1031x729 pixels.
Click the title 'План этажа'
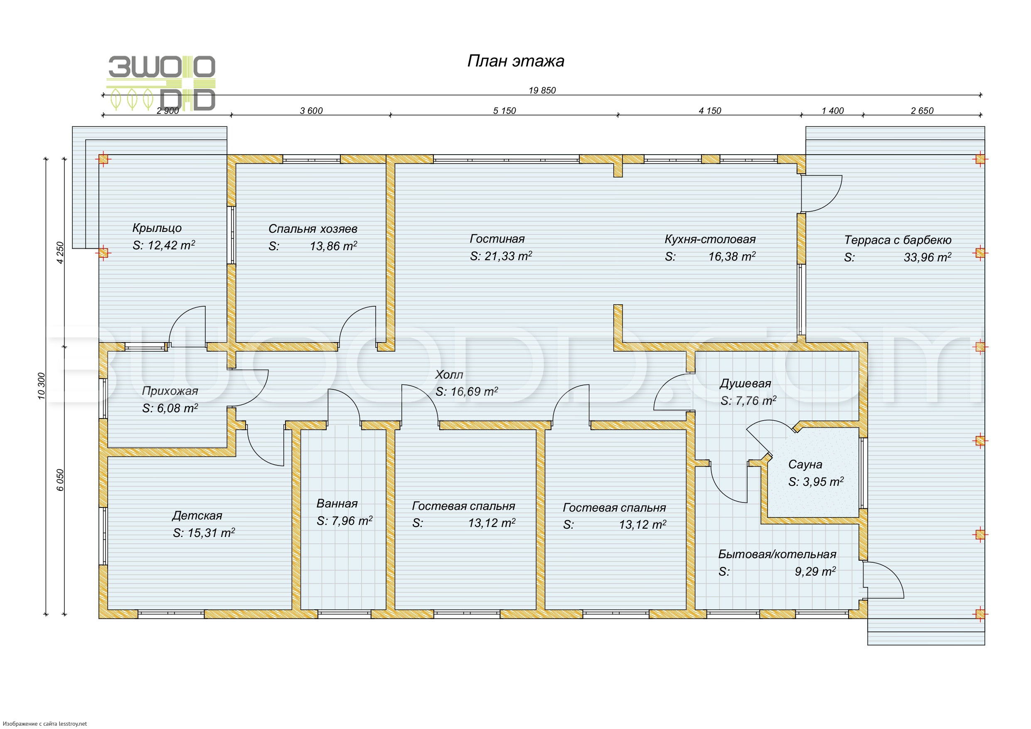pyautogui.click(x=515, y=61)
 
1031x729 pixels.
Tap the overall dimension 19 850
pyautogui.click(x=542, y=90)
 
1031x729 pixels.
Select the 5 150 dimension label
pyautogui.click(x=504, y=111)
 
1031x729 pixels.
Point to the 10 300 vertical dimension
pyautogui.click(x=41, y=385)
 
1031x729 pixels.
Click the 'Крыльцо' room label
pyautogui.click(x=157, y=228)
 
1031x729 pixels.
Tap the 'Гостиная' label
pyautogui.click(x=497, y=239)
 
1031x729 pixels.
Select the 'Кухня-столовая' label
pyautogui.click(x=710, y=239)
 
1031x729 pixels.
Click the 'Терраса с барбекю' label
pyautogui.click(x=898, y=240)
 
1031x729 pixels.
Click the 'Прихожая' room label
pyautogui.click(x=170, y=391)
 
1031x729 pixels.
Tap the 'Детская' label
pyautogui.click(x=197, y=515)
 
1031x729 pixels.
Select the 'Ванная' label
pyautogui.click(x=337, y=503)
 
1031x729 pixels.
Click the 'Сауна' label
pyautogui.click(x=805, y=464)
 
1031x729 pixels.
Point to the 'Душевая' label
pyautogui.click(x=745, y=384)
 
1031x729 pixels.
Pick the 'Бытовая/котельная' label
pyautogui.click(x=777, y=554)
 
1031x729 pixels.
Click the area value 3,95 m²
pyautogui.click(x=816, y=482)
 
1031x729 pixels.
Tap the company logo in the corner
pyautogui.click(x=161, y=83)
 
